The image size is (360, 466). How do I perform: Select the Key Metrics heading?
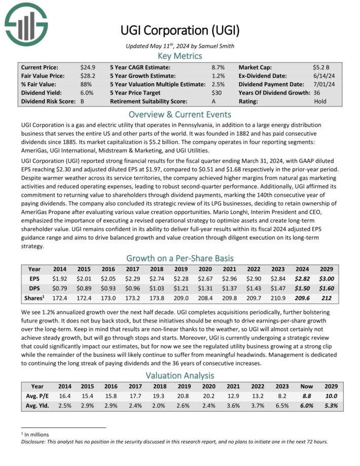(180, 56)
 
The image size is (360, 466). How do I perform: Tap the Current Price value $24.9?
(88, 67)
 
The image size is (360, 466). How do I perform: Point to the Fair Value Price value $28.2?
(88, 76)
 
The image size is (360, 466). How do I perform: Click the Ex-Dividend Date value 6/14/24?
(323, 76)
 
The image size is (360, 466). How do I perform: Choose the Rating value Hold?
(320, 101)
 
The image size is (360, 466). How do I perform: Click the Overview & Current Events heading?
(180, 114)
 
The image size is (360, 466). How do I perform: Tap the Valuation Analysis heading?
(180, 375)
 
